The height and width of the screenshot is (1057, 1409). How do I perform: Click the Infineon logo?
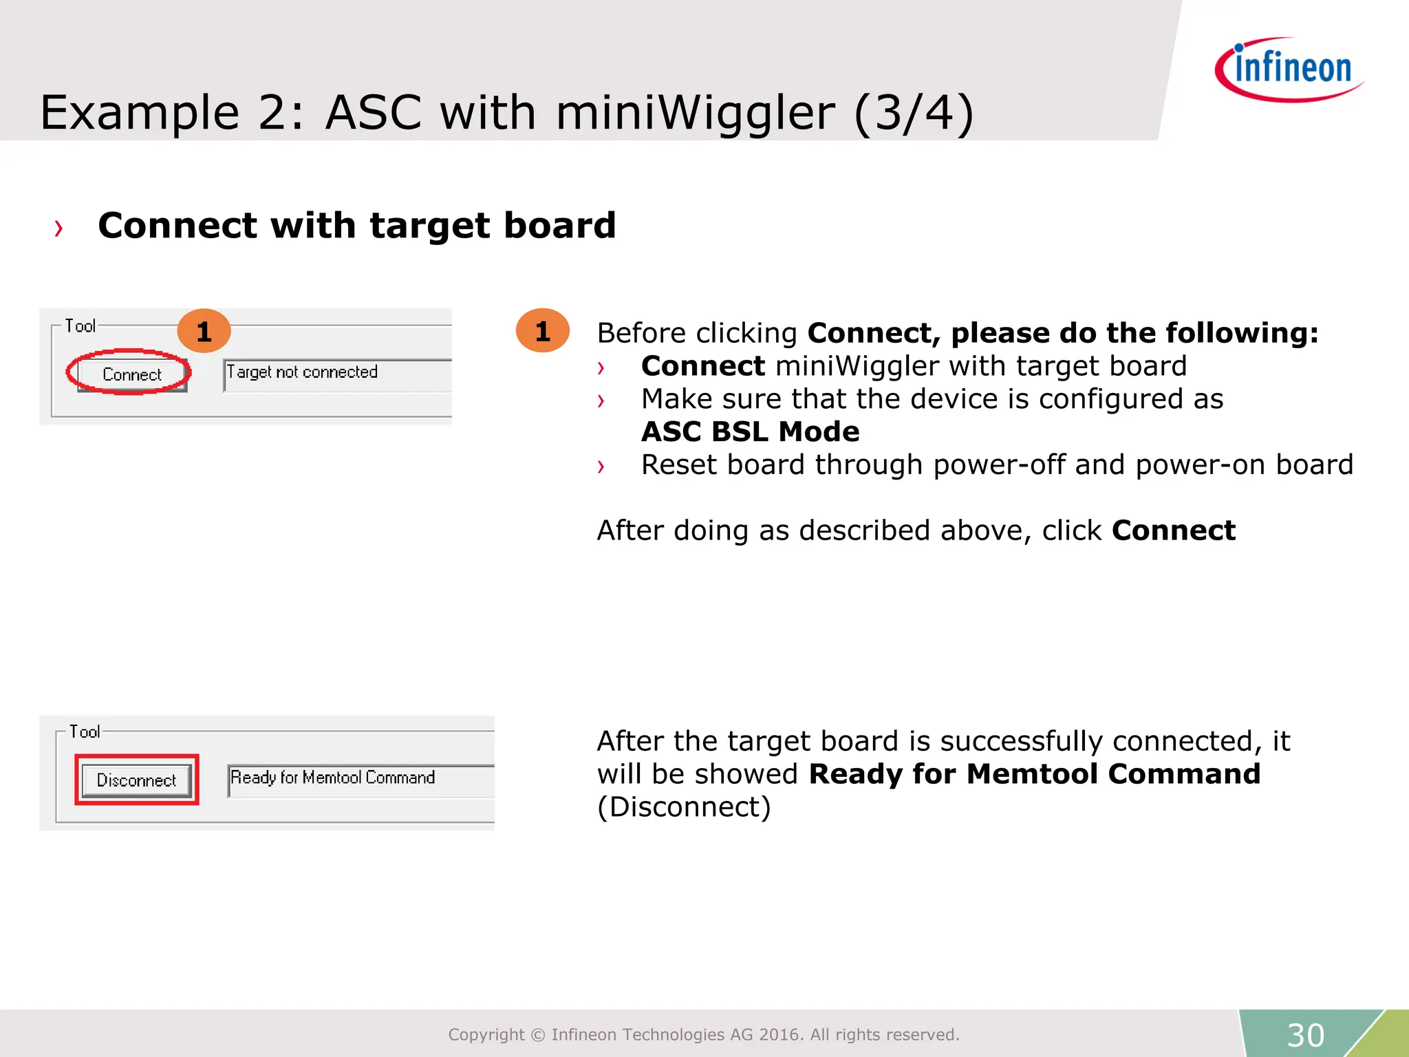pos(1290,70)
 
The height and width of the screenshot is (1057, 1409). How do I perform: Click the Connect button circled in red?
pos(131,374)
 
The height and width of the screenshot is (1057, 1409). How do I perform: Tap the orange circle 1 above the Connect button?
pos(204,332)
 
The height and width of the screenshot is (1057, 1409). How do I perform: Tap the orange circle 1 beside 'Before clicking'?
pos(542,331)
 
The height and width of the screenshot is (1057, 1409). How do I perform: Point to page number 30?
pos(1305,1035)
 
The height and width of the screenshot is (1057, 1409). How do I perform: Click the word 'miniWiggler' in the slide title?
pos(695,113)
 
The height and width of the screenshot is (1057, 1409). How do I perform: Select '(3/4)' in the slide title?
pos(914,113)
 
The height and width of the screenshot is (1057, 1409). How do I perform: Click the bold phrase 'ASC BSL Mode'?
pos(750,432)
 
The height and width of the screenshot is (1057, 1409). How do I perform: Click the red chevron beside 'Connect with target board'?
pos(59,228)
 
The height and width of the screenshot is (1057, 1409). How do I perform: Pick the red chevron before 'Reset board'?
pos(601,467)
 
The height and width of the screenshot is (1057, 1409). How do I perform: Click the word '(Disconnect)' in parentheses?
pos(684,807)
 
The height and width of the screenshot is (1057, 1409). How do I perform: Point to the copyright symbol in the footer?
pos(538,1035)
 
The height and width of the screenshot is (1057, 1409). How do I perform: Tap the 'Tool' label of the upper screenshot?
pos(80,326)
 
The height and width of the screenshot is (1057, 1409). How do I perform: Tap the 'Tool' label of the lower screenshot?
pos(85,732)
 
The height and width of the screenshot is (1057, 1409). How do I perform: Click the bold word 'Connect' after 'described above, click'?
pos(1174,531)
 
